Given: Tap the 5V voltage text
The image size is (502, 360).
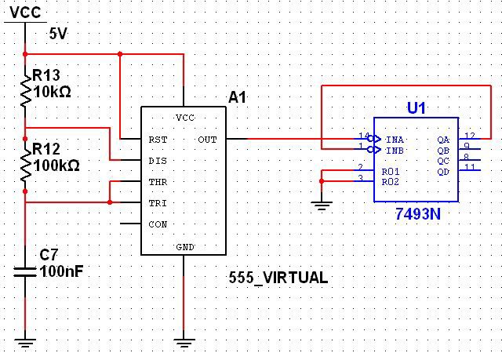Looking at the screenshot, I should click(58, 34).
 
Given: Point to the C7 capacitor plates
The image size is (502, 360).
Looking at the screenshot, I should click(25, 271).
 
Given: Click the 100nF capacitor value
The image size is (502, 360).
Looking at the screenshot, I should click(62, 271).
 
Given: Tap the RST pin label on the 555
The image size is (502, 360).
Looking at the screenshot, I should click(158, 139).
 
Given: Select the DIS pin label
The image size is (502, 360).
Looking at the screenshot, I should click(158, 160).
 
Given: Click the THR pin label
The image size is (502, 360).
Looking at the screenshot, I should click(158, 181).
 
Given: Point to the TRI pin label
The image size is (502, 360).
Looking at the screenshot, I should click(158, 202).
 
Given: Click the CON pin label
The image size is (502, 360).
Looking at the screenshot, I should click(158, 224).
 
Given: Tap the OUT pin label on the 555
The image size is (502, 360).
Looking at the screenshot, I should click(207, 139).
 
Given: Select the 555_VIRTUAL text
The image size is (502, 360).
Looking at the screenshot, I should click(278, 278).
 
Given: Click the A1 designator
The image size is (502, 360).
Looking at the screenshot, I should click(238, 97).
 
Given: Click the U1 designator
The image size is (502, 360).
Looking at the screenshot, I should click(416, 108).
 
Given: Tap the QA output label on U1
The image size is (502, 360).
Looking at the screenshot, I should click(443, 139).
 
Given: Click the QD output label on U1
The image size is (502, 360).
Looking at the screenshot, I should click(443, 171).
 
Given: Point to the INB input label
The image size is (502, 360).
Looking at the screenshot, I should click(394, 149).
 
